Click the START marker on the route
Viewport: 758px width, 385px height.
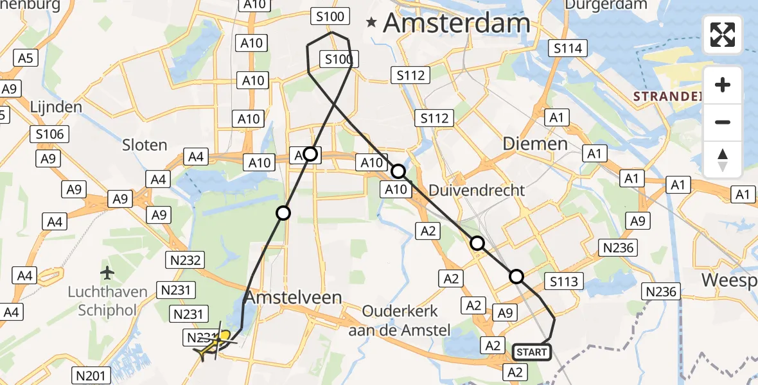point(532,352)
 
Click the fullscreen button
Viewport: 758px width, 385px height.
point(723,35)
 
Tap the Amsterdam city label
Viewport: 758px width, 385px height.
point(457,23)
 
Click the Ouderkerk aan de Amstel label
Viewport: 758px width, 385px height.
point(400,320)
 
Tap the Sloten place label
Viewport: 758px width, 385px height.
point(145,145)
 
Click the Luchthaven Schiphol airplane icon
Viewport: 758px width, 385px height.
point(107,273)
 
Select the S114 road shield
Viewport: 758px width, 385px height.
point(568,48)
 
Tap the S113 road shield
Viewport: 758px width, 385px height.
point(564,281)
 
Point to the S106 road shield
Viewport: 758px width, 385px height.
point(50,134)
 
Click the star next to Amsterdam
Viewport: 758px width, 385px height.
point(371,23)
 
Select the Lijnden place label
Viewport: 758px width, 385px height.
point(55,107)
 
